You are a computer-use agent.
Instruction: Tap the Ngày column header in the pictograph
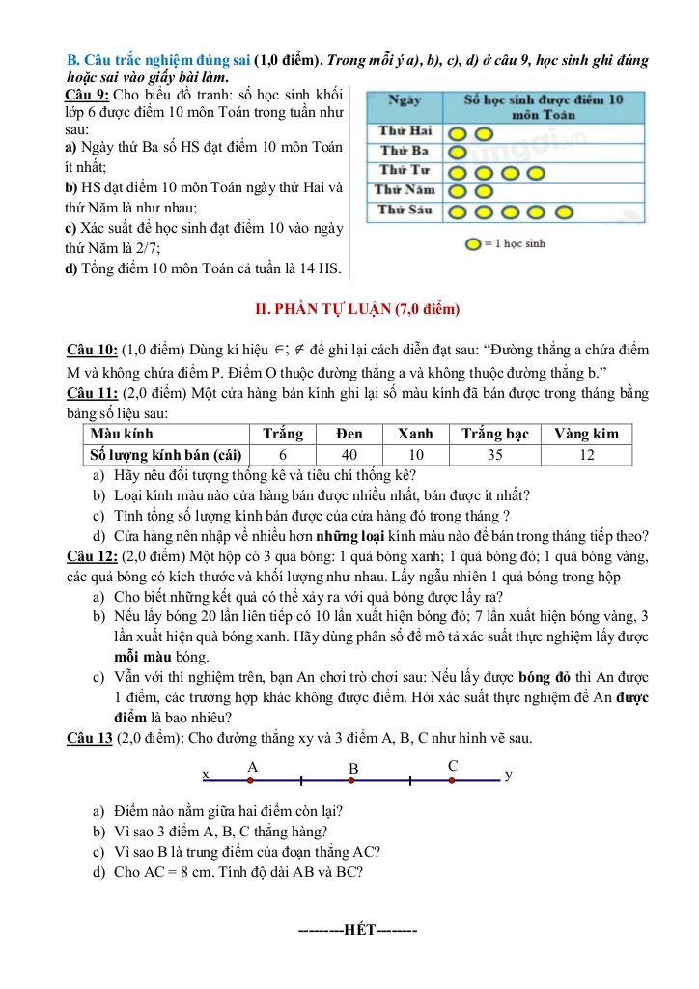pos(404,99)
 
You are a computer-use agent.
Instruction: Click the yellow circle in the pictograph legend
pos(471,243)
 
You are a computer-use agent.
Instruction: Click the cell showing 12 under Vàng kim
pos(586,454)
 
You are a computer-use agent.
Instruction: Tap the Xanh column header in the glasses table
pos(416,434)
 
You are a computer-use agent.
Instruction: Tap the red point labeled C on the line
pos(452,780)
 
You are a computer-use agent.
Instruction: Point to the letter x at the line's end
pos(206,775)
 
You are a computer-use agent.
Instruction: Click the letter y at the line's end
pos(509,775)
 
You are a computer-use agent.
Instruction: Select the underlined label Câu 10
pos(92,349)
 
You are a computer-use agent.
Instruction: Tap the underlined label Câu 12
pos(92,556)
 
